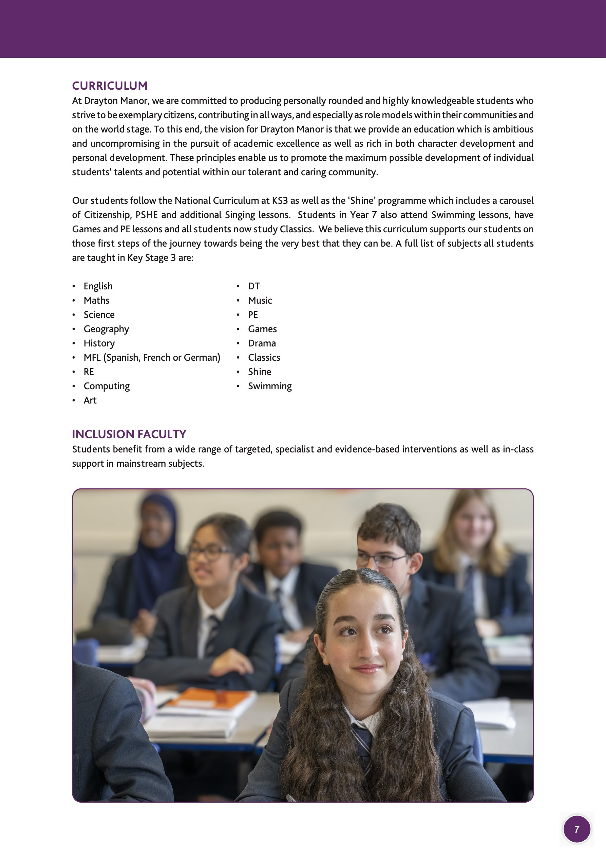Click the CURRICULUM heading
pyautogui.click(x=110, y=86)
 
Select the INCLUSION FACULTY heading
pyautogui.click(x=129, y=434)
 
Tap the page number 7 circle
pyautogui.click(x=576, y=829)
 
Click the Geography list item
pyautogui.click(x=106, y=329)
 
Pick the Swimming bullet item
pyautogui.click(x=270, y=386)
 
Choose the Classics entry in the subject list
pyautogui.click(x=264, y=358)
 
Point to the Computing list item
pyautogui.click(x=107, y=386)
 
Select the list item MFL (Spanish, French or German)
pyautogui.click(x=152, y=358)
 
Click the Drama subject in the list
pyautogui.click(x=262, y=343)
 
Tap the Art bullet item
pyautogui.click(x=90, y=400)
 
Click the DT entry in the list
pyautogui.click(x=253, y=286)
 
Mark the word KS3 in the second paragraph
pyautogui.click(x=280, y=201)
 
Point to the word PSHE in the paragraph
pyautogui.click(x=146, y=215)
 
